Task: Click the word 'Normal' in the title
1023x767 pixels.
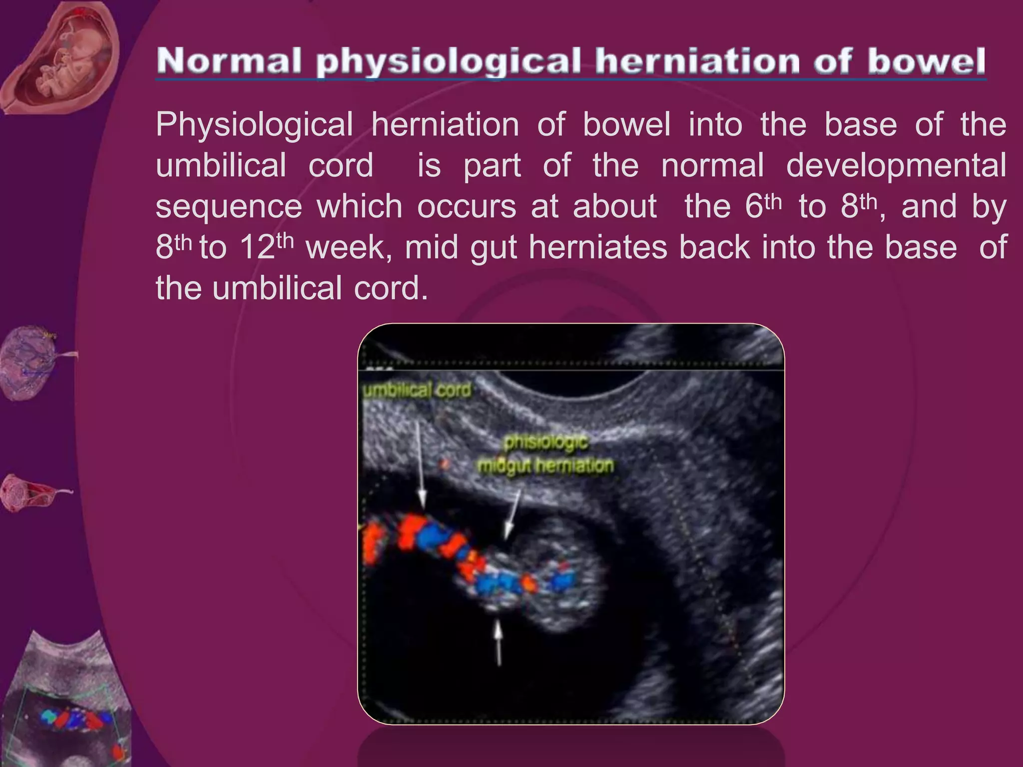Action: point(229,61)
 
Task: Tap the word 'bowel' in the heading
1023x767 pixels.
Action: point(927,61)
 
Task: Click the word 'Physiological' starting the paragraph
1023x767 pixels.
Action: point(254,125)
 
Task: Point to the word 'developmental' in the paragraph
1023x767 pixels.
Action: point(896,166)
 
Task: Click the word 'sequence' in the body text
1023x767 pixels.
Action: point(229,207)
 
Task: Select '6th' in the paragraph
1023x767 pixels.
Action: point(763,206)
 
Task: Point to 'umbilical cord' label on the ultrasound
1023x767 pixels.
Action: point(417,390)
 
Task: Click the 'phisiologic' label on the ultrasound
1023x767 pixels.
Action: point(546,442)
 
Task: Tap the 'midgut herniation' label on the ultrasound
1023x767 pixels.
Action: point(545,466)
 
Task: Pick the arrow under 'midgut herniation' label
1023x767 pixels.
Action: point(512,514)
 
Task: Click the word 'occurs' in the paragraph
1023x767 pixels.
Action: point(467,207)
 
